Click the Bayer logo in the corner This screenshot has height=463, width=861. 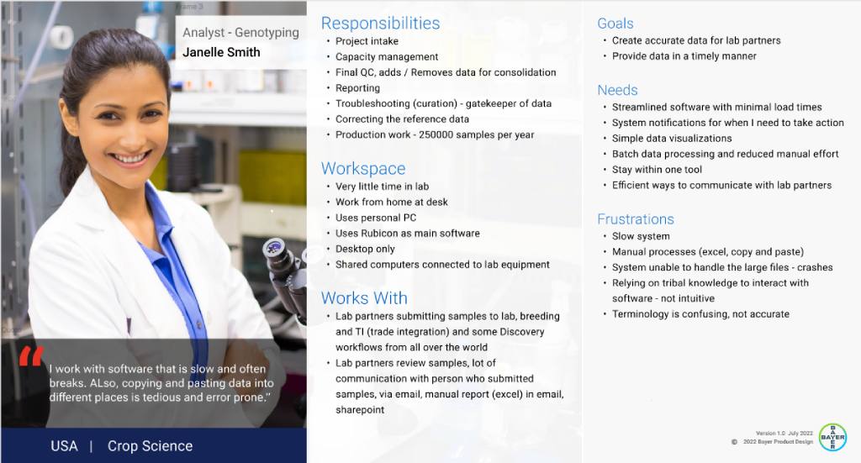pos(832,437)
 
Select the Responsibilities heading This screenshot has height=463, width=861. pos(381,23)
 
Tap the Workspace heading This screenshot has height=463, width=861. pos(363,168)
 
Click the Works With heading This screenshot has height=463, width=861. pos(365,297)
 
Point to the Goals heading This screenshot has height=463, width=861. pos(615,24)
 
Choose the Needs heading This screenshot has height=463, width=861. pos(618,90)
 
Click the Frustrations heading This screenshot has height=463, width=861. pos(636,218)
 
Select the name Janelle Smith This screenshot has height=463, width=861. pos(221,52)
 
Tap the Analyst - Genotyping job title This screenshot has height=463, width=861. pos(240,33)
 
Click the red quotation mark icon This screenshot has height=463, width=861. pos(31,356)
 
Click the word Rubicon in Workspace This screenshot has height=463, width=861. pos(379,233)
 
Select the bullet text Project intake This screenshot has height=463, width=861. pos(367,41)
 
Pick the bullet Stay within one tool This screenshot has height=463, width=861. pos(657,170)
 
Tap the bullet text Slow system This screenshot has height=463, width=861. pos(641,236)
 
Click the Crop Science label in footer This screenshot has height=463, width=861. pos(150,446)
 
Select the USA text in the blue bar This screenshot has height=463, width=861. pos(64,446)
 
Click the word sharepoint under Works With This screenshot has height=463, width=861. pos(360,410)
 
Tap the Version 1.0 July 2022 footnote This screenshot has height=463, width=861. pos(784,434)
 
